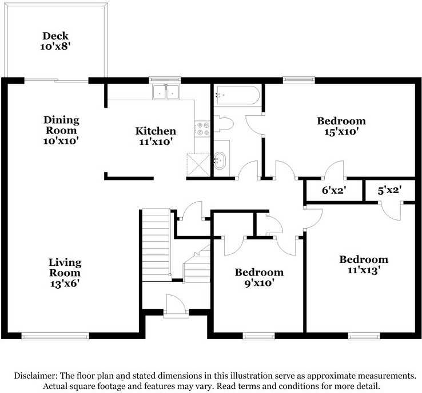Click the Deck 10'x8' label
[x=55, y=41]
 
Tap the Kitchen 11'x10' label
[x=156, y=136]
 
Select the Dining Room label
[x=61, y=125]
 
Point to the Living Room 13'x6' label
[x=65, y=273]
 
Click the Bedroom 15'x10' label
[x=341, y=126]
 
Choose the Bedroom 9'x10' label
[x=259, y=278]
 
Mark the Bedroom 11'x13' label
[x=364, y=265]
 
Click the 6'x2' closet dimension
[x=334, y=191]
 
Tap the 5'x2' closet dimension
[x=390, y=191]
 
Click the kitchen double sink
[x=166, y=92]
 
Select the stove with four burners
[x=202, y=128]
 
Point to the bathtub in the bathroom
[x=237, y=95]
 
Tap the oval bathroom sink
[x=220, y=161]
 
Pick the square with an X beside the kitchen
[x=198, y=165]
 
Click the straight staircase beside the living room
[x=156, y=245]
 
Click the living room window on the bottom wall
[x=55, y=336]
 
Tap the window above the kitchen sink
[x=165, y=80]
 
